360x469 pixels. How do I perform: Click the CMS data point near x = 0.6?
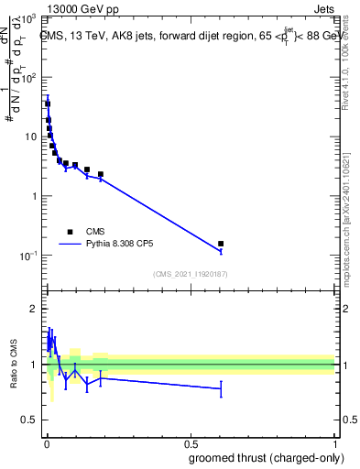(x=221, y=244)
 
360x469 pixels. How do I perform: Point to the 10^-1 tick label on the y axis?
(x=27, y=256)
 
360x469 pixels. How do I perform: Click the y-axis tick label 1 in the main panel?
(x=34, y=196)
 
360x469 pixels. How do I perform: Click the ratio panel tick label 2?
(x=34, y=310)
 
